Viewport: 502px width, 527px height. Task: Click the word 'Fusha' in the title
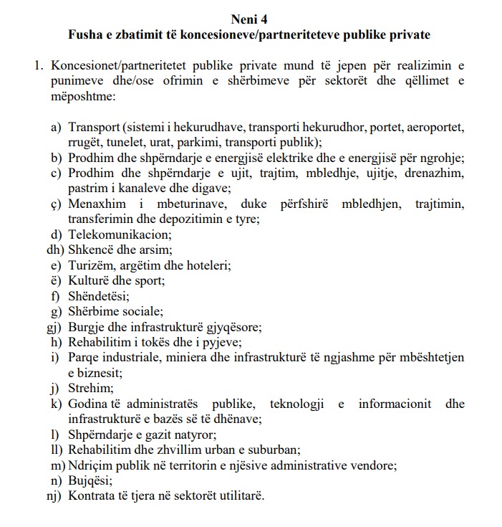tap(84, 34)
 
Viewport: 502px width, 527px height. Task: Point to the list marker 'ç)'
tap(57, 204)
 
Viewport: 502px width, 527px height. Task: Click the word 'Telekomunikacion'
tap(120, 234)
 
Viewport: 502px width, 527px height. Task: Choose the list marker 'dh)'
tap(54, 250)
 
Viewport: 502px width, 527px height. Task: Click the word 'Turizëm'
tap(91, 265)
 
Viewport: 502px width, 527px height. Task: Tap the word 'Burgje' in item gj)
tap(86, 327)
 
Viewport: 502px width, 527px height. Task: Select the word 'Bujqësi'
tap(90, 480)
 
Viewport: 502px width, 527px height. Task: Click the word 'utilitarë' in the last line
tap(241, 495)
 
